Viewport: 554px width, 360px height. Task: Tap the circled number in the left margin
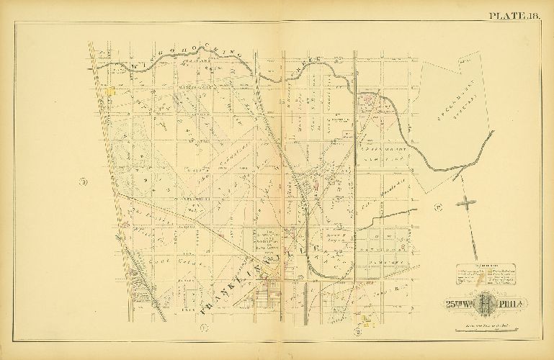pyautogui.click(x=84, y=181)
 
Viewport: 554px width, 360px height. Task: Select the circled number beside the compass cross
pyautogui.click(x=437, y=208)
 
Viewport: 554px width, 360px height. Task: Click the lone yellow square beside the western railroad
pyautogui.click(x=111, y=91)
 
